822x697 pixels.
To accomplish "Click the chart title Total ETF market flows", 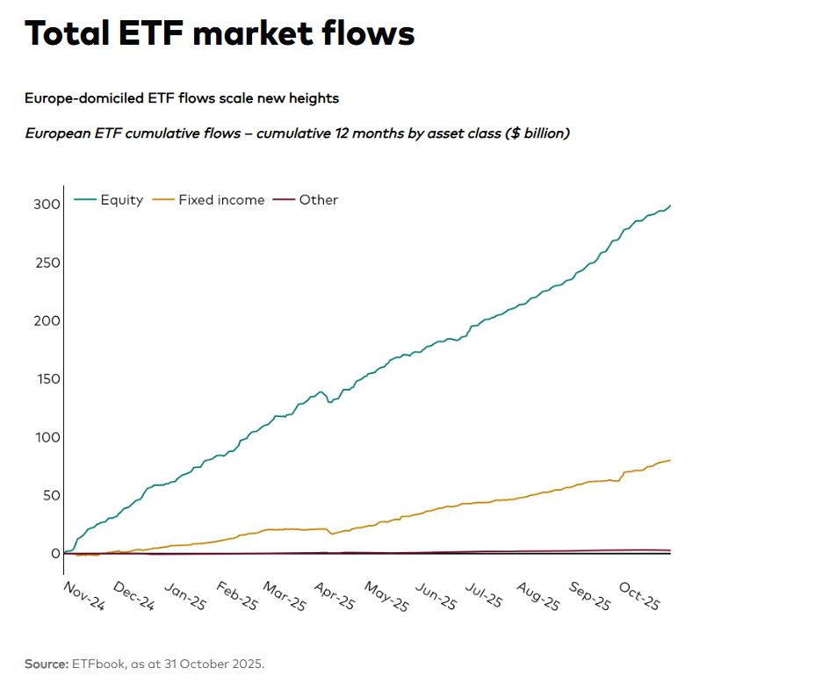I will coord(220,33).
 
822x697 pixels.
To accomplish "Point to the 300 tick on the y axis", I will coord(47,205).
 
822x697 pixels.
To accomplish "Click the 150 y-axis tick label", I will coord(47,379).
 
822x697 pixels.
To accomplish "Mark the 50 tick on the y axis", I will coord(50,495).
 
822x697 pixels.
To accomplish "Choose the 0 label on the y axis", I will coord(54,553).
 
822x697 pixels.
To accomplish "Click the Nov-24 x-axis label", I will coord(84,597).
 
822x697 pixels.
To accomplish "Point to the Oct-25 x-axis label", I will coord(639,597).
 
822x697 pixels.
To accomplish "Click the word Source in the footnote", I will coord(46,664).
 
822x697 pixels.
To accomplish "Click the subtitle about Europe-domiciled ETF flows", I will coord(182,98).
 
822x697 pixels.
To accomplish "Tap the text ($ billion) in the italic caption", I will coord(537,133).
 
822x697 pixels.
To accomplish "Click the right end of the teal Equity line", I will coord(670,205).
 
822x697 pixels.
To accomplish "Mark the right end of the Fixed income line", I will coord(670,460).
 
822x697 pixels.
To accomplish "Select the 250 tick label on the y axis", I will coord(47,262).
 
